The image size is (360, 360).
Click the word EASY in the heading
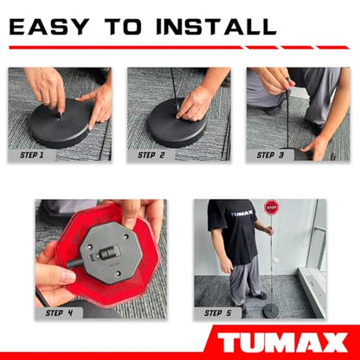(x=49, y=27)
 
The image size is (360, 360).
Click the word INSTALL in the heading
(x=216, y=27)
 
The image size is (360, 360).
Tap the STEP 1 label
(x=32, y=155)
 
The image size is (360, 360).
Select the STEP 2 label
(x=151, y=155)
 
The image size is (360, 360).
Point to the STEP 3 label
(x=270, y=155)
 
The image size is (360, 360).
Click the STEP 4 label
(x=59, y=313)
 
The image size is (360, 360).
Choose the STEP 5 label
(x=218, y=313)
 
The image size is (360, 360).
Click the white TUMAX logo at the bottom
(x=282, y=343)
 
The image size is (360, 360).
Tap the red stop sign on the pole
(x=271, y=208)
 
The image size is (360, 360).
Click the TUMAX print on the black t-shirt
(x=241, y=214)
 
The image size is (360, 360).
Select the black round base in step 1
(x=60, y=123)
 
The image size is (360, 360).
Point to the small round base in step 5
(x=271, y=311)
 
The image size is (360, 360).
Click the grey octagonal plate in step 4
(x=111, y=254)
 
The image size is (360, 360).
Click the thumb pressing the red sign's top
(x=131, y=214)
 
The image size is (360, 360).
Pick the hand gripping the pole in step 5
(x=269, y=230)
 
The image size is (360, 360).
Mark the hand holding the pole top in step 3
(x=275, y=80)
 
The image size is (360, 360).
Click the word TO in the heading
(x=123, y=27)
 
